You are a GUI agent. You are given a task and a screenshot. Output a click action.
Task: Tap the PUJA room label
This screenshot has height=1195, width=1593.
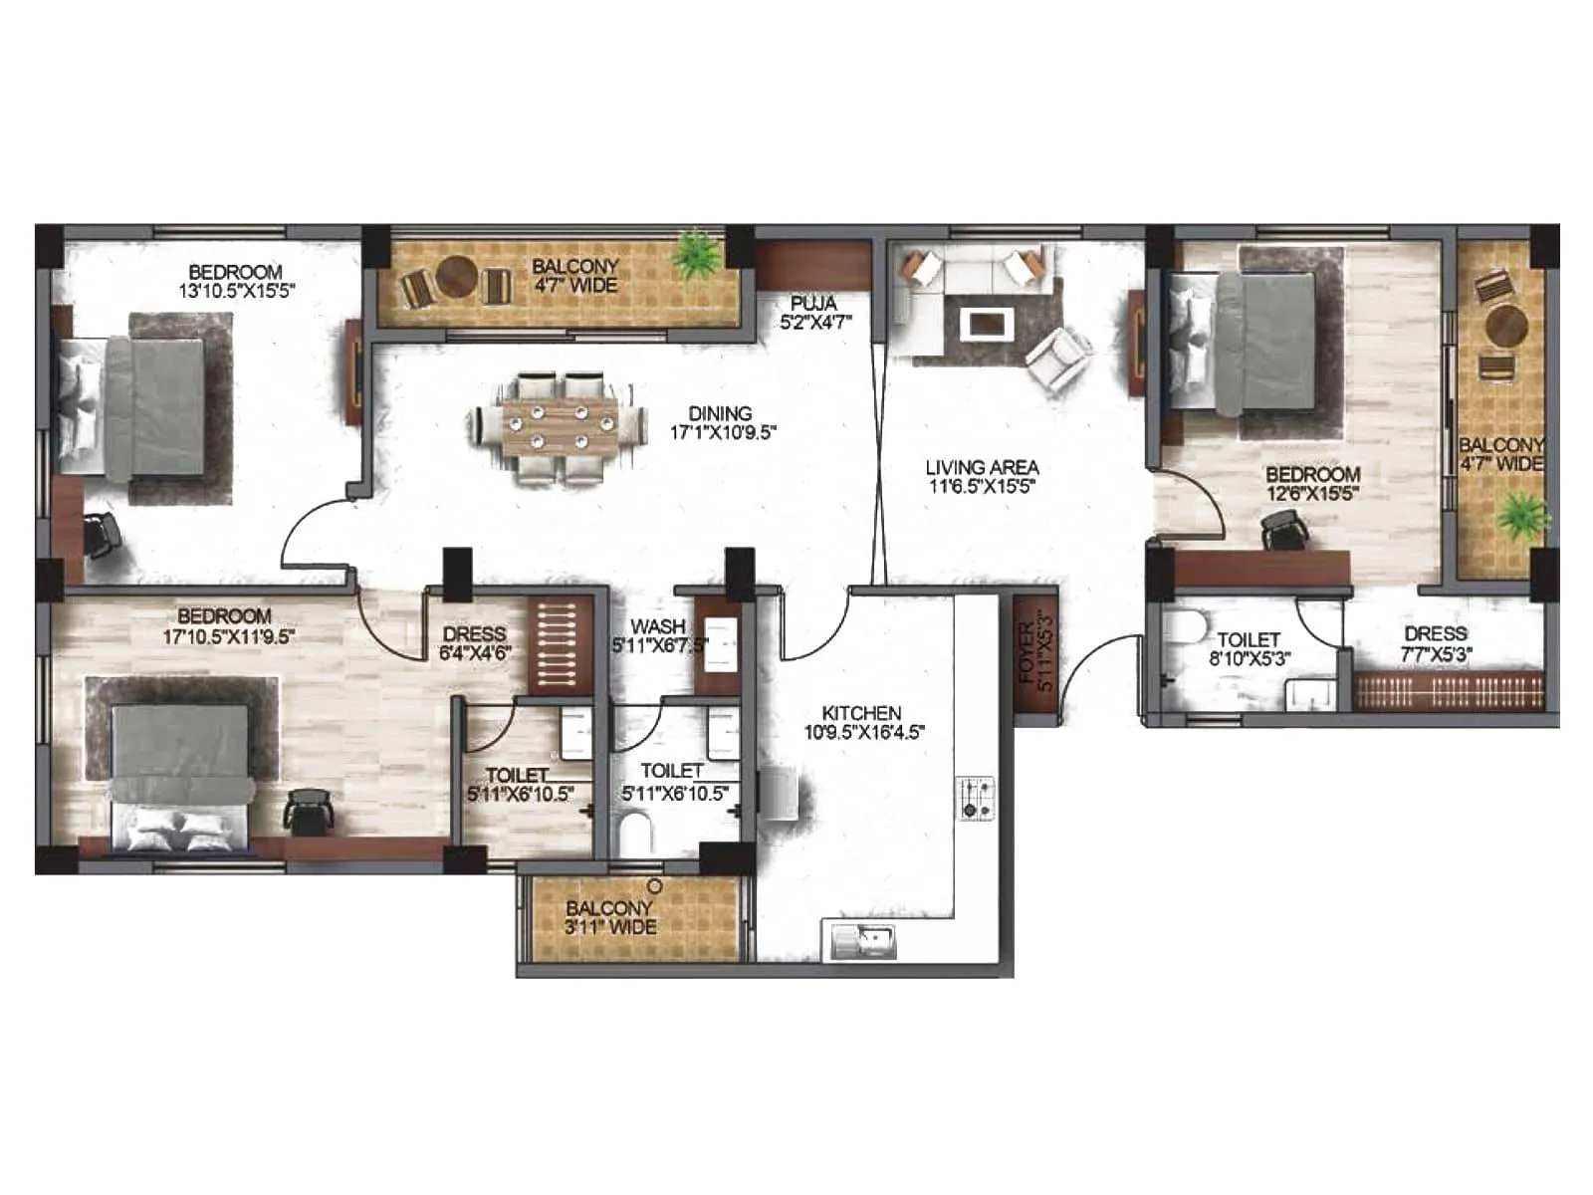pyautogui.click(x=813, y=303)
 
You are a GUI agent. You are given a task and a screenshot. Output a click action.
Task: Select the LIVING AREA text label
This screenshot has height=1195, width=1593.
pyautogui.click(x=982, y=467)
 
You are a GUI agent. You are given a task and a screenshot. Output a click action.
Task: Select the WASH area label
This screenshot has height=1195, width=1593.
pyautogui.click(x=658, y=626)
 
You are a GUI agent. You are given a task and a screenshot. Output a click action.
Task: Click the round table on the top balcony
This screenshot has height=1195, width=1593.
pyautogui.click(x=457, y=278)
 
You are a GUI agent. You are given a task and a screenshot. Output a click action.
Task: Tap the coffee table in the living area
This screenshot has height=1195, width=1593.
pyautogui.click(x=987, y=324)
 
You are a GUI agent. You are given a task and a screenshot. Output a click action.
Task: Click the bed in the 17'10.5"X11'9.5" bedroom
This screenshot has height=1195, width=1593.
pyautogui.click(x=182, y=772)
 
